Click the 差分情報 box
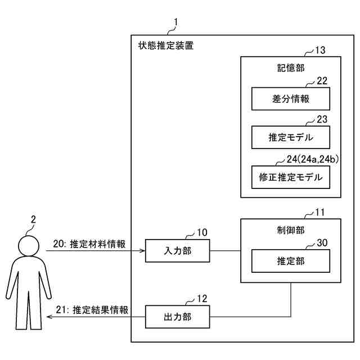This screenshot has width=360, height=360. tap(290, 99)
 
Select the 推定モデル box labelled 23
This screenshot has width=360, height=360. tap(290, 137)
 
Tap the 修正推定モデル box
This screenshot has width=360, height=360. tap(290, 177)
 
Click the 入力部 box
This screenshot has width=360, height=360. tap(177, 250)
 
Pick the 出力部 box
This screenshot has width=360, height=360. tap(177, 317)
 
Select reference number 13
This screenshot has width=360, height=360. tap(319, 51)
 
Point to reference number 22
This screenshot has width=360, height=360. tap(322, 80)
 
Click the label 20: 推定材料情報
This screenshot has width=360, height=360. tap(89, 244)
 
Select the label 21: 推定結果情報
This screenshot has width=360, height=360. tap(92, 309)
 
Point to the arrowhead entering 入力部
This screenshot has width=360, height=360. tap(143, 250)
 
